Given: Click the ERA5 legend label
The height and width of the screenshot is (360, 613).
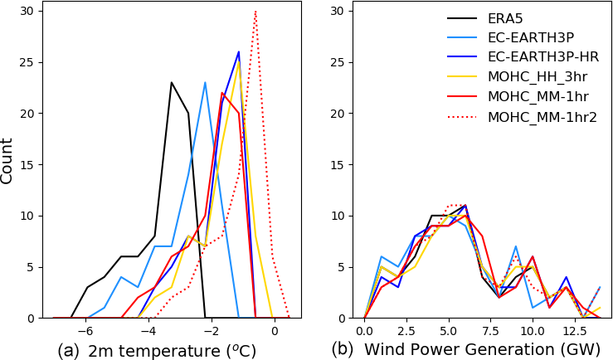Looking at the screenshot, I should pyautogui.click(x=506, y=17).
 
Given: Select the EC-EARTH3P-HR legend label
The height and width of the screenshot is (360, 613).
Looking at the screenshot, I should pyautogui.click(x=542, y=57).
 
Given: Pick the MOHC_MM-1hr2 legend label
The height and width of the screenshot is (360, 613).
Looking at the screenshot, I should pyautogui.click(x=542, y=117).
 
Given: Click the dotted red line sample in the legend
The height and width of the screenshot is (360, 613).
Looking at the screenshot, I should pyautogui.click(x=461, y=117).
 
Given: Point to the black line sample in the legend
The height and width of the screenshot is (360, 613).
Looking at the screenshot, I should pyautogui.click(x=461, y=17).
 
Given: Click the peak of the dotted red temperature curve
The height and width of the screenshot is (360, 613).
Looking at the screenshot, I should pyautogui.click(x=255, y=11).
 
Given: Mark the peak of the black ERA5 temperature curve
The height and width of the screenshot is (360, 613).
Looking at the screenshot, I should pyautogui.click(x=171, y=82).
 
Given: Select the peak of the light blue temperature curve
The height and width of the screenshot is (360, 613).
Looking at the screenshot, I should pyautogui.click(x=205, y=82).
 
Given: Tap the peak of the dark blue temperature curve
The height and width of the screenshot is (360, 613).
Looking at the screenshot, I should pyautogui.click(x=239, y=51).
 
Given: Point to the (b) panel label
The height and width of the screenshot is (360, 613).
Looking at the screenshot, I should pyautogui.click(x=342, y=350).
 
